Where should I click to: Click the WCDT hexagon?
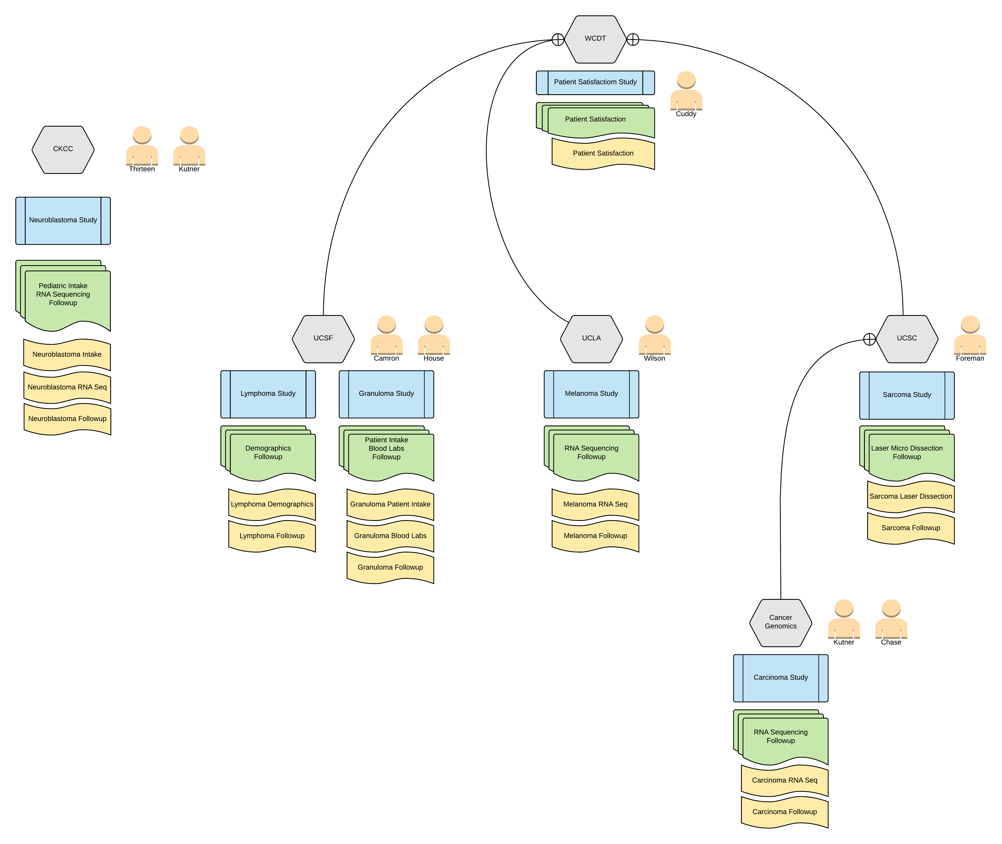[x=595, y=39]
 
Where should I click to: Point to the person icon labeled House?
[x=433, y=336]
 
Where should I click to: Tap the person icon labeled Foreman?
[x=970, y=336]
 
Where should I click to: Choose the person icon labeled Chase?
[x=891, y=621]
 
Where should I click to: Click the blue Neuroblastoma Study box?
[x=63, y=221]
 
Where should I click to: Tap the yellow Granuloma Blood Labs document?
[x=390, y=536]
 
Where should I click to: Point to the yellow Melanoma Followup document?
[x=595, y=536]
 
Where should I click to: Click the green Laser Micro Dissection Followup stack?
[x=907, y=454]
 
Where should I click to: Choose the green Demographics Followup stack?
[x=268, y=454]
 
